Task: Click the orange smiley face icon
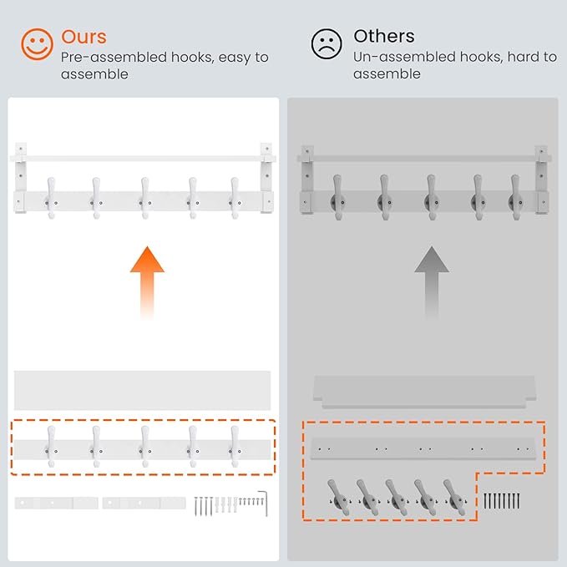click(x=37, y=44)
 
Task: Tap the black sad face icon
click(x=327, y=43)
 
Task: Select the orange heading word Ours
click(x=84, y=37)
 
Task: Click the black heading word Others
click(x=384, y=36)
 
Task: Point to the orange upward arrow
click(x=147, y=282)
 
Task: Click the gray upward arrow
click(x=432, y=282)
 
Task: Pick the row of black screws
click(x=502, y=501)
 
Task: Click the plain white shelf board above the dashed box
click(x=142, y=390)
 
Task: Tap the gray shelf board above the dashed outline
click(x=424, y=392)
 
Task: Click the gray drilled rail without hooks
click(x=423, y=448)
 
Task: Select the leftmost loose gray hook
click(x=338, y=497)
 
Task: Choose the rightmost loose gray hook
click(x=454, y=497)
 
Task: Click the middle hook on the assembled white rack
click(x=144, y=198)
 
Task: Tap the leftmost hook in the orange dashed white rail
click(x=51, y=446)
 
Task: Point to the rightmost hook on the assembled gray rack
click(x=515, y=197)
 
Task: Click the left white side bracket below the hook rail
click(x=56, y=503)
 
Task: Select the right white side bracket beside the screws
click(x=144, y=503)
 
